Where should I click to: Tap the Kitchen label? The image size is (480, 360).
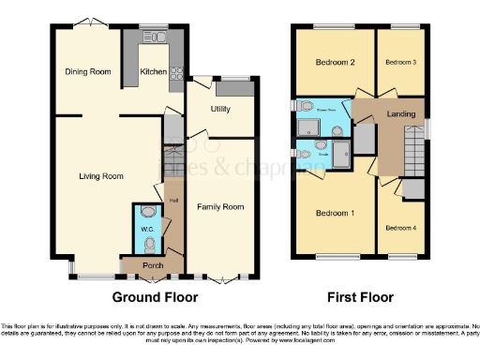[153, 71]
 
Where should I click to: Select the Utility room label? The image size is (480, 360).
[221, 109]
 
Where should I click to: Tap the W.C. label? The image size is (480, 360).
[147, 229]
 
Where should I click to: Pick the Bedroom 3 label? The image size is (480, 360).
[400, 63]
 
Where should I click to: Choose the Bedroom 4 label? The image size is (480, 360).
[400, 227]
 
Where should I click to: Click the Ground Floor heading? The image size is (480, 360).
[155, 298]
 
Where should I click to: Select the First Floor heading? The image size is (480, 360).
[360, 298]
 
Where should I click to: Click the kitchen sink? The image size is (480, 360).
[155, 38]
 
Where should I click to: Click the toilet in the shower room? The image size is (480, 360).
[307, 106]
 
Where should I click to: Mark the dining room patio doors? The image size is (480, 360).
[88, 22]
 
